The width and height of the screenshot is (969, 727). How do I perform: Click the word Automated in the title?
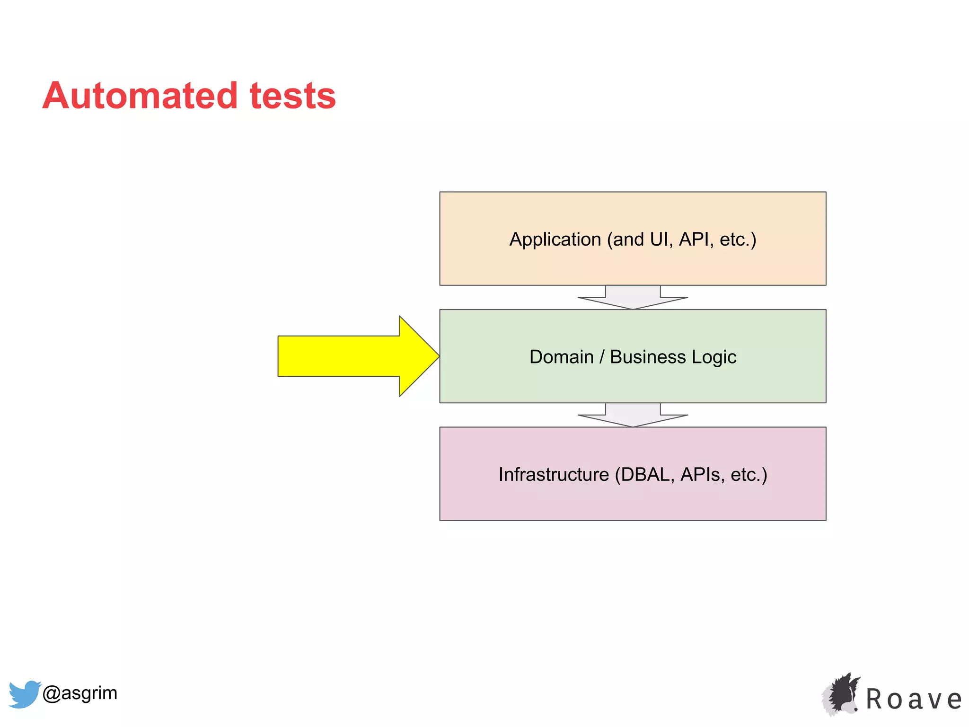point(140,96)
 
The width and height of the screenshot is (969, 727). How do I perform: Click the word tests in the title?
point(292,96)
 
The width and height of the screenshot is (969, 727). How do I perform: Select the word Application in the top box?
point(555,239)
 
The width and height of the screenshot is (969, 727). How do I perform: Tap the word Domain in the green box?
point(561,357)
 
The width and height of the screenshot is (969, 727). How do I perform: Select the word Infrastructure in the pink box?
point(554,474)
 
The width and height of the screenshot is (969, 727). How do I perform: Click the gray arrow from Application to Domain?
point(633,298)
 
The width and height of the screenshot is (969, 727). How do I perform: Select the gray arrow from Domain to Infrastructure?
point(633,415)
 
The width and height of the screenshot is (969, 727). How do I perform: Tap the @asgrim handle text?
point(80,693)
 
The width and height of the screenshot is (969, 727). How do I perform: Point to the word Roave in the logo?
point(914,700)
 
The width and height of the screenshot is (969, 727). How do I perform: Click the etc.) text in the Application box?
point(738,239)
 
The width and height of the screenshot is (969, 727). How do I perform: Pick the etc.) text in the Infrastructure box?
point(749,474)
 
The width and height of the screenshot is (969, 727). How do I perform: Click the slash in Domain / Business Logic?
point(602,357)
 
